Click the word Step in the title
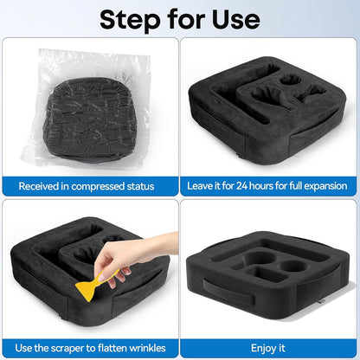(130, 20)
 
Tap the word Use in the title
(236, 19)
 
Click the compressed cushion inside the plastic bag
(90, 119)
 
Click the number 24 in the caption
(242, 185)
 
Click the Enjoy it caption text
(268, 348)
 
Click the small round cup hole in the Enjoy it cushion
(293, 266)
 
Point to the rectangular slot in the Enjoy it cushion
(269, 273)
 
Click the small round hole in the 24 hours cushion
(291, 80)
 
